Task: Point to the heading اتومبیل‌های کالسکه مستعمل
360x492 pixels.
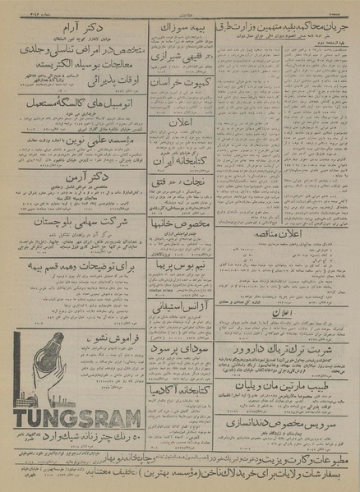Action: [82, 109]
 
